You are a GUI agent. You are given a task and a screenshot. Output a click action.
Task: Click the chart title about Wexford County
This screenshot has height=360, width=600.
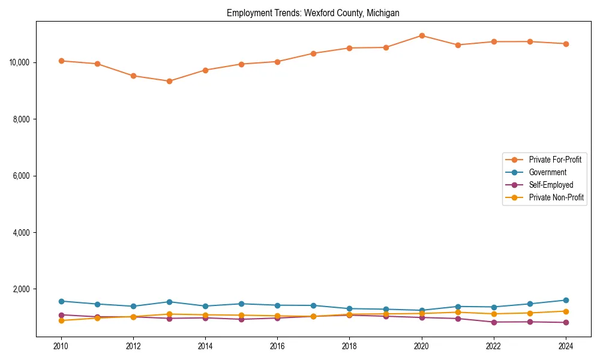coord(313,13)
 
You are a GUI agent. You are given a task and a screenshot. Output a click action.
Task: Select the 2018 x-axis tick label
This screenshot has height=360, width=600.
coord(349,346)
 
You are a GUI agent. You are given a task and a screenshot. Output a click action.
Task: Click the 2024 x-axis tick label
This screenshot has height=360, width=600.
coord(566,346)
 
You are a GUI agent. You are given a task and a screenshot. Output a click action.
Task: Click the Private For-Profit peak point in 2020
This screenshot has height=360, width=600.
coord(422,35)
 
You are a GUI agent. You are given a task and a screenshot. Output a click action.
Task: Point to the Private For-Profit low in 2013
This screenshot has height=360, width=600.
coord(169,81)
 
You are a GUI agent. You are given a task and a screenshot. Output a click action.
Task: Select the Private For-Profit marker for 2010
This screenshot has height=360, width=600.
coord(61,61)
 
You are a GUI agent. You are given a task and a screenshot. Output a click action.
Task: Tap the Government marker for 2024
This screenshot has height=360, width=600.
coord(566,300)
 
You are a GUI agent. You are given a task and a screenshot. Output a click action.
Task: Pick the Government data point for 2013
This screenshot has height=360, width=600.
coord(169,302)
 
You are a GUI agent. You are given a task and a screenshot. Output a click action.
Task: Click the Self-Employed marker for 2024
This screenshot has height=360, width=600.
coord(566,323)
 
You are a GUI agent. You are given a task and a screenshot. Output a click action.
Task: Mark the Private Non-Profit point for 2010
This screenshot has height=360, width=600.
coord(61,320)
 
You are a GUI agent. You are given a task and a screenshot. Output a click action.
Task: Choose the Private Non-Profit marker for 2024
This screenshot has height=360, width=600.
coord(566,311)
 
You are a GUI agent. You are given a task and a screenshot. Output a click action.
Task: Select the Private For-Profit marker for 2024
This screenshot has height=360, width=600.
coord(566,44)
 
